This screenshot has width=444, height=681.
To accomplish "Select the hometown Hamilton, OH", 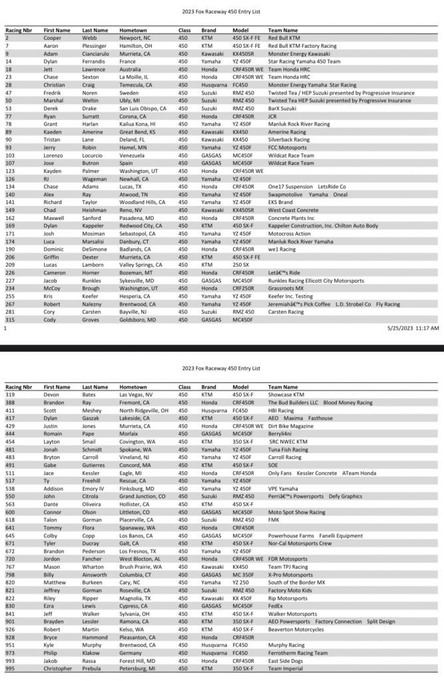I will [135, 46].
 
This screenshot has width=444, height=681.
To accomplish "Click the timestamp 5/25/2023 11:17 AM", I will [413, 328].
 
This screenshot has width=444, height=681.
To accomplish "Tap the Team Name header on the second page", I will [283, 386].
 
